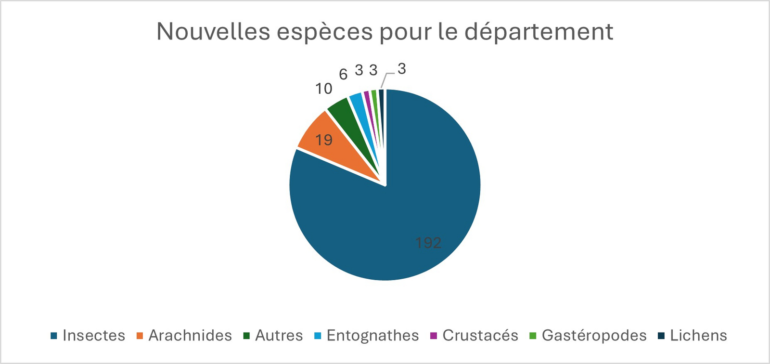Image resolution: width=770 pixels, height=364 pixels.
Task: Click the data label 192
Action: pos(428,243)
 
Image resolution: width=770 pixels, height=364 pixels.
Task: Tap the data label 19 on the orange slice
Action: pos(324,140)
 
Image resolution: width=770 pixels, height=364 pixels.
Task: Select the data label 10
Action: pos(324,89)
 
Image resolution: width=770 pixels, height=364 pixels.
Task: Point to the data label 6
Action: pos(343,75)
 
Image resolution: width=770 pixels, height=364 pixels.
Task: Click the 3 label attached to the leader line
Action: pos(401,69)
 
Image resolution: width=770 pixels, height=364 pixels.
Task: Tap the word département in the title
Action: pos(539,32)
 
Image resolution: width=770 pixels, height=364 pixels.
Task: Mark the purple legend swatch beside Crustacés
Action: pos(433,336)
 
